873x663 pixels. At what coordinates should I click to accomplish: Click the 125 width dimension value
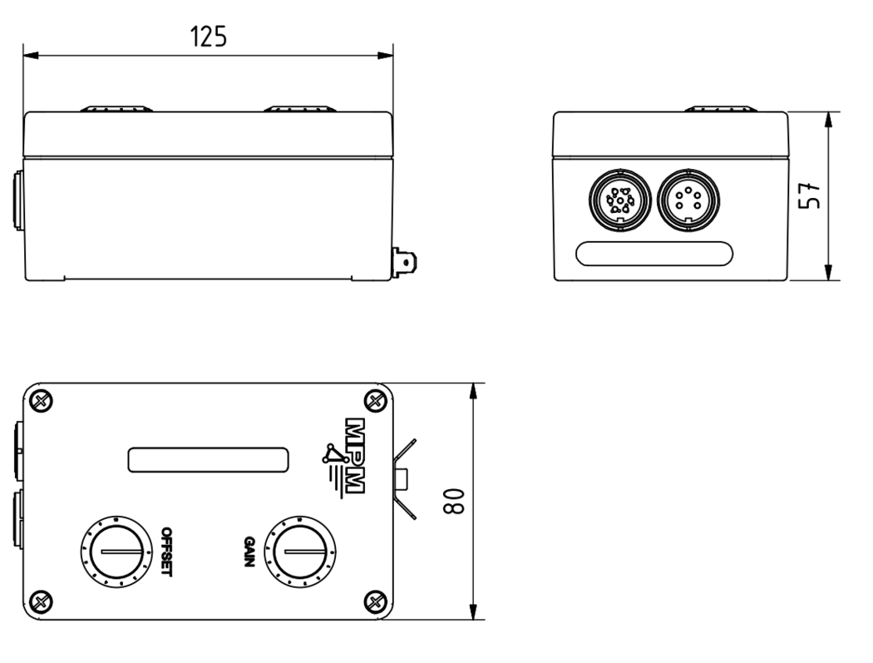tap(208, 37)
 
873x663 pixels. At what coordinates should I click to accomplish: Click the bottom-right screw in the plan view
tap(375, 601)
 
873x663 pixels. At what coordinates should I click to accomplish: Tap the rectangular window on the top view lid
tap(207, 458)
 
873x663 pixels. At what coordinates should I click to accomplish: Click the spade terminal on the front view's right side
tap(405, 263)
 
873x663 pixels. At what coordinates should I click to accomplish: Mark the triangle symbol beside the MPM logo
tap(333, 454)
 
